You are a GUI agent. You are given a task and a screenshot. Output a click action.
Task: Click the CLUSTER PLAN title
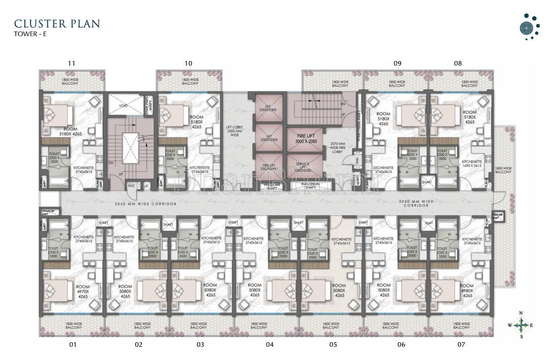pos(57,24)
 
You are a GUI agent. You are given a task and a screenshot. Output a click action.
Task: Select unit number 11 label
pos(71,63)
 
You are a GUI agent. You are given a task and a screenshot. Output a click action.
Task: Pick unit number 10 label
pos(188,63)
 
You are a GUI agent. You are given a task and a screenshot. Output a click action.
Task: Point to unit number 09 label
pos(397,63)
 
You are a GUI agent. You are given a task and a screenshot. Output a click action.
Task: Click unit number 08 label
pos(458,63)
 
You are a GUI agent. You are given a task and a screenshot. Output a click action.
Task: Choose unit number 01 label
pos(73,345)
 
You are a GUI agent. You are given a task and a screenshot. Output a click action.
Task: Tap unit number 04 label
pos(270,345)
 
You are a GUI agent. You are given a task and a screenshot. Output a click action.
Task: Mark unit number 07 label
pos(461,345)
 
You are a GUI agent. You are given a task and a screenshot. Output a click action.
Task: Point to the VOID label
pos(124,106)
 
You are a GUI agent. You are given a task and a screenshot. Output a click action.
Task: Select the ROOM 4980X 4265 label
pos(467,291)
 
